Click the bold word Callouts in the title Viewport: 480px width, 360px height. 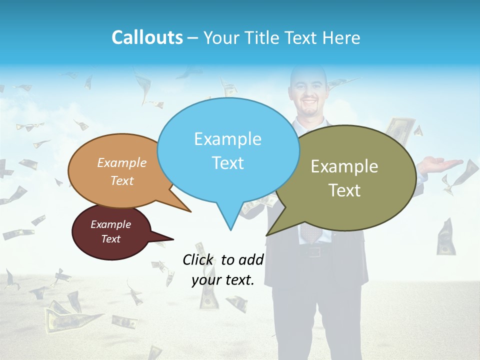(147, 37)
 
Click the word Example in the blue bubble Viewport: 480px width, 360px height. (227, 139)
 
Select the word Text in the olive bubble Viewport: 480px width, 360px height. (344, 190)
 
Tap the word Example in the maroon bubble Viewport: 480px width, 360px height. (110, 224)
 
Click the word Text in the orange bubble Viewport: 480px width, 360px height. (122, 180)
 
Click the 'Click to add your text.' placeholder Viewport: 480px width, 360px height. (223, 270)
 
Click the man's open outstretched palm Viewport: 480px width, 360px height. (442, 164)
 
